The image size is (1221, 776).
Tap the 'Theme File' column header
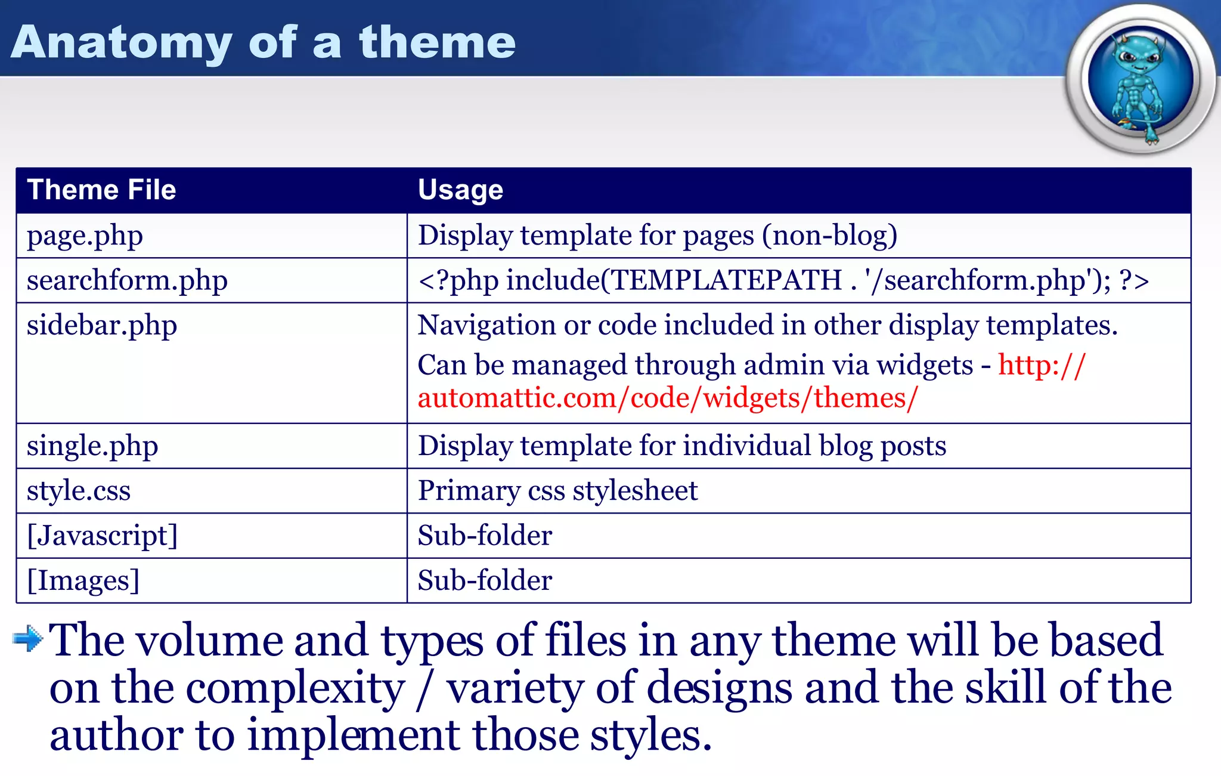tap(101, 190)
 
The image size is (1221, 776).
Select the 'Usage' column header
tap(460, 190)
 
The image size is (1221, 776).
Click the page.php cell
tap(85, 236)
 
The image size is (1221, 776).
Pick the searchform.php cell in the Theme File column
tap(127, 281)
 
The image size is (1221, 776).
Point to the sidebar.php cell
tap(102, 326)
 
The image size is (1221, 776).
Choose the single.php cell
tap(92, 446)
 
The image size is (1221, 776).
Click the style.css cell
tap(79, 491)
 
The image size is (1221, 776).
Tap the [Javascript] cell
tap(103, 536)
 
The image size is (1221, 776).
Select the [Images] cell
tap(83, 580)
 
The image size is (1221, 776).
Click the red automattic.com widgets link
tap(668, 398)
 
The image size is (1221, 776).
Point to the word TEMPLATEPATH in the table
tap(726, 280)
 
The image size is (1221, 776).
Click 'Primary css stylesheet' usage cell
tap(557, 491)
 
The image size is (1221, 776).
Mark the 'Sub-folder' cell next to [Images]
tap(485, 580)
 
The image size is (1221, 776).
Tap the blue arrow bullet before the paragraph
tap(27, 639)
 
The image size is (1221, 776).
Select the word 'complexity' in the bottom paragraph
tap(295, 689)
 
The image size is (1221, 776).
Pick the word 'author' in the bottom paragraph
tap(116, 736)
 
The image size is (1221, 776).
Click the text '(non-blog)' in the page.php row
tap(829, 236)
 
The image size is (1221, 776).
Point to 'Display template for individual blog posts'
tap(681, 446)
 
